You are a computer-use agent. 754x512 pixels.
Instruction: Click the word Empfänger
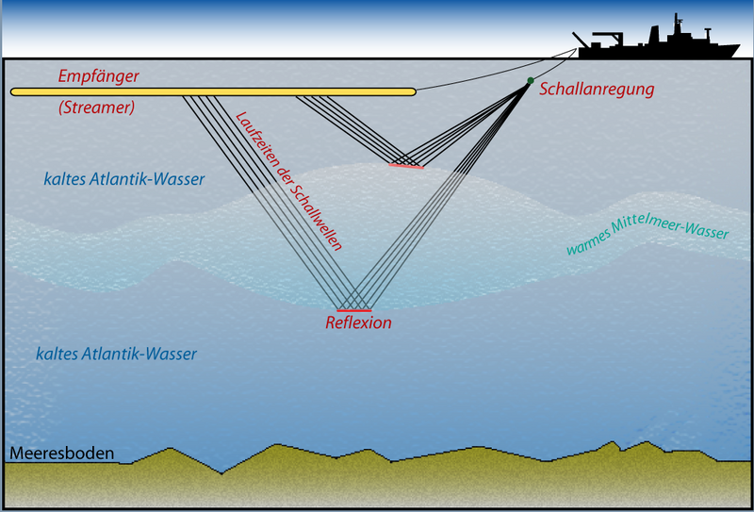pos(100,74)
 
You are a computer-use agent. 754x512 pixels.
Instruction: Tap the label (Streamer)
pos(96,107)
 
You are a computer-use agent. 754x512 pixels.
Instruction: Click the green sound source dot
pos(531,81)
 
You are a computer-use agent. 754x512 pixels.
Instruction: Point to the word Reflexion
pos(357,322)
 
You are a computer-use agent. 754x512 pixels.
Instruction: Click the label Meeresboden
pos(62,454)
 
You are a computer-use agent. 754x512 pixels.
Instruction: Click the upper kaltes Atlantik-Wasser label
pos(123,179)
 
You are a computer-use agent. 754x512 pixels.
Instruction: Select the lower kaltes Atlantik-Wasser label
pos(116,354)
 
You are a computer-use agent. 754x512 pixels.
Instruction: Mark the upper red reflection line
pos(406,166)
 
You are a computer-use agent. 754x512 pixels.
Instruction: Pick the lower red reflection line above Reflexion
pos(355,310)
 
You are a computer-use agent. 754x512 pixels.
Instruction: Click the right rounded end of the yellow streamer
pos(411,91)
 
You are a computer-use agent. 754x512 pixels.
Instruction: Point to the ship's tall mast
pos(676,24)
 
